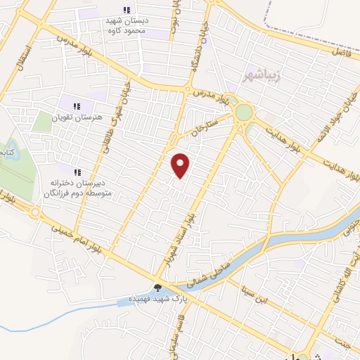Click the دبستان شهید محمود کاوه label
[x=127, y=26]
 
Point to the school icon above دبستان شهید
[x=127, y=10]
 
